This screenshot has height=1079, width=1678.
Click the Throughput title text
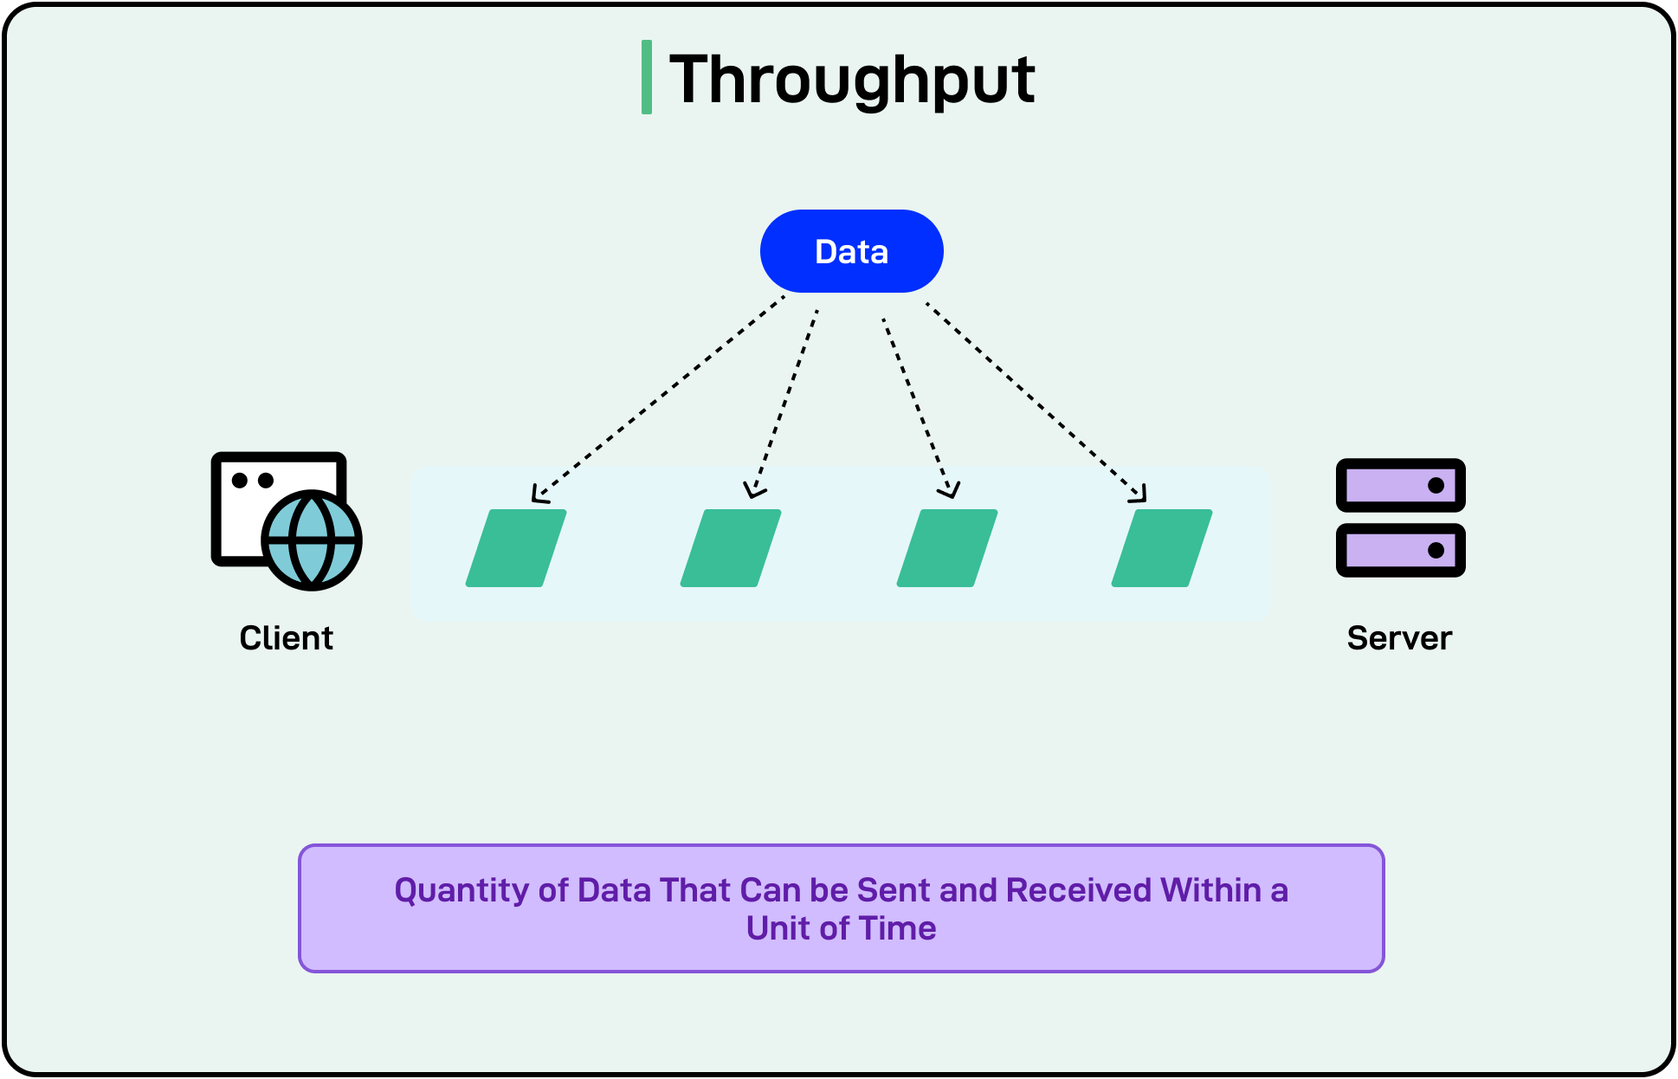coord(852,80)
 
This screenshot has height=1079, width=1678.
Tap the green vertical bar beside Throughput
coord(646,77)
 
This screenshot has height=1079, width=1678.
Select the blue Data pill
coord(851,251)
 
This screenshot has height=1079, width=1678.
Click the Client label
coord(286,638)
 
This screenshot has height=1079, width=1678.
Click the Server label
coord(1399,638)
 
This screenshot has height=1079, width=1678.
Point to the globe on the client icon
coord(312,540)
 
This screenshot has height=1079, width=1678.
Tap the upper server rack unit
coord(1400,485)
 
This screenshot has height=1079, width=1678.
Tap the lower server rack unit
coord(1400,550)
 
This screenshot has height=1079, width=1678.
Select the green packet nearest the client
coord(516,548)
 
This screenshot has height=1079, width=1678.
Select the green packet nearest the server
coord(1162,548)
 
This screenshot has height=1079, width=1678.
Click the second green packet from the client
coord(731,548)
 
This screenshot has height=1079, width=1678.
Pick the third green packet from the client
coord(947,548)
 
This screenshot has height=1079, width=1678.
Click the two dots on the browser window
coord(253,480)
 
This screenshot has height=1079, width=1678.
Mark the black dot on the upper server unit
coord(1436,485)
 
